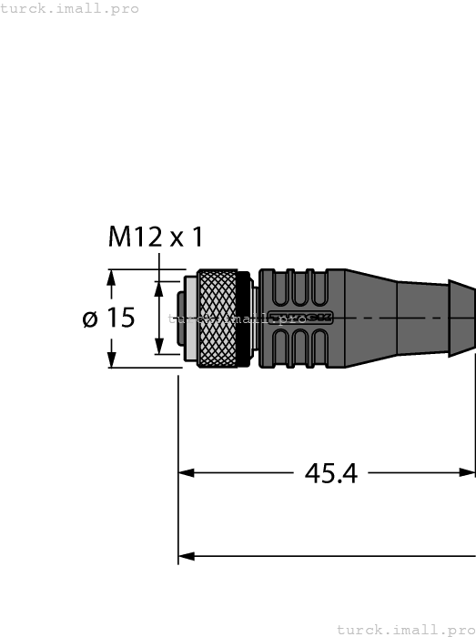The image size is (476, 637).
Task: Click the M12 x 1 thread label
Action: (x=156, y=238)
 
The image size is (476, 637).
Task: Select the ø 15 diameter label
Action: (x=108, y=318)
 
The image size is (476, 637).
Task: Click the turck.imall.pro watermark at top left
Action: (x=70, y=8)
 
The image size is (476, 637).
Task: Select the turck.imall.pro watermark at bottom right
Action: (x=405, y=629)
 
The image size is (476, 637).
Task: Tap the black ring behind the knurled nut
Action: (x=243, y=318)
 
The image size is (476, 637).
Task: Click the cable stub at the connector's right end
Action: (x=462, y=318)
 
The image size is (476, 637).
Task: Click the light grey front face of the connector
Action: (x=187, y=318)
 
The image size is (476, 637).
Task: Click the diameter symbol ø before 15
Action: (x=90, y=318)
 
